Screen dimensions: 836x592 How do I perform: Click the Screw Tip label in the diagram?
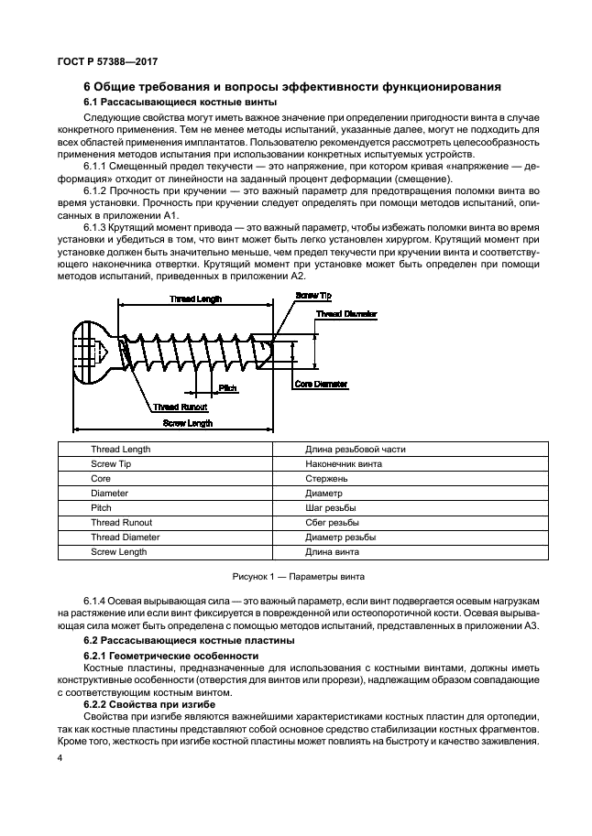pyautogui.click(x=312, y=296)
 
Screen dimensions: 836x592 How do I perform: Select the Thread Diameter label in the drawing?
pyautogui.click(x=347, y=314)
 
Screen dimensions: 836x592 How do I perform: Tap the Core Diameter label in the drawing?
pyautogui.click(x=322, y=385)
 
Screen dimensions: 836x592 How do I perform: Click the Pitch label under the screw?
pyautogui.click(x=228, y=388)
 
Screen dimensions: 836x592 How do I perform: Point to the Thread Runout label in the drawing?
pyautogui.click(x=180, y=407)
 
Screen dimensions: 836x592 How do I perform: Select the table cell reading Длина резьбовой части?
pyautogui.click(x=355, y=450)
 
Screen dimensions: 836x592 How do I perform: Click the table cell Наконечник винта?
pyautogui.click(x=344, y=464)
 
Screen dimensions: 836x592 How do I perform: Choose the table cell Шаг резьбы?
pyautogui.click(x=331, y=508)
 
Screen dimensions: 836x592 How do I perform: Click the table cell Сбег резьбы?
pyautogui.click(x=331, y=523)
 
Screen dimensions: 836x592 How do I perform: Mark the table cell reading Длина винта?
pyautogui.click(x=332, y=552)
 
